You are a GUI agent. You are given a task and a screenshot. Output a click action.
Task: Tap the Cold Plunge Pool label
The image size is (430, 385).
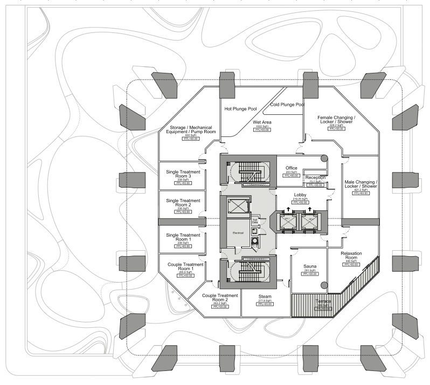pyautogui.click(x=287, y=105)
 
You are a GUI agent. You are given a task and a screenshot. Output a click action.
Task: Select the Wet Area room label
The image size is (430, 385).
pyautogui.click(x=262, y=122)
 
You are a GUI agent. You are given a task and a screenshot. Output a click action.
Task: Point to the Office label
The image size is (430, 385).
pyautogui.click(x=291, y=168)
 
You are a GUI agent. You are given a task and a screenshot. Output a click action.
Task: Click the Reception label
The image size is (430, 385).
pyautogui.click(x=315, y=177)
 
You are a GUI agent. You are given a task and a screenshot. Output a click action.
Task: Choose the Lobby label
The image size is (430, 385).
pyautogui.click(x=300, y=194)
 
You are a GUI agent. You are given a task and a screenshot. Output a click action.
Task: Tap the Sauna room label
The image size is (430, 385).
pyautogui.click(x=309, y=266)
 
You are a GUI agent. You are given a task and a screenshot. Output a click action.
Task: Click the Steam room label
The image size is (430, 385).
pyautogui.click(x=265, y=297)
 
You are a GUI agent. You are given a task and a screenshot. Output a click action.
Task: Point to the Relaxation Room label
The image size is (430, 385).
pyautogui.click(x=351, y=256)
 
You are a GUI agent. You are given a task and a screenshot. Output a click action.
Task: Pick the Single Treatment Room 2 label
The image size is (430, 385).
pyautogui.click(x=183, y=203)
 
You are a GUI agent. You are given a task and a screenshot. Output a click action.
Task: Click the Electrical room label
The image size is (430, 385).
pyautogui.click(x=238, y=232)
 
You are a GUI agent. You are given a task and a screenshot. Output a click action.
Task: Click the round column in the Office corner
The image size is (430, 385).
pyautogui.click(x=324, y=159)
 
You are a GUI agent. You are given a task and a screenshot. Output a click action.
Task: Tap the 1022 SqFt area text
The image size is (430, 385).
pyautogui.click(x=262, y=126)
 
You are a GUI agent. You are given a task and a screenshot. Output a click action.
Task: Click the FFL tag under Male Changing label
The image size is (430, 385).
pyautogui.click(x=360, y=194)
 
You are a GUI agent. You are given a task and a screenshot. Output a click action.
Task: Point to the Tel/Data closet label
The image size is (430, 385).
pyautogui.click(x=255, y=221)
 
